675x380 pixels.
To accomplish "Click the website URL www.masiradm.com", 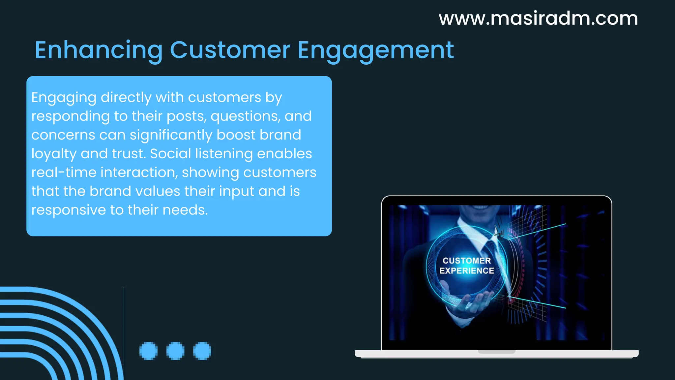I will [538, 18].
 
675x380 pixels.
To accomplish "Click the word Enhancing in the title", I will [99, 50].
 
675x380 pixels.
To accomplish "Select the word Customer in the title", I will [230, 50].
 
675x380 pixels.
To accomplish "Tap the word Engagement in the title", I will [375, 50].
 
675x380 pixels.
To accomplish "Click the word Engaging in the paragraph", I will [64, 98].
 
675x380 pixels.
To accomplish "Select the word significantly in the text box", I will [171, 135].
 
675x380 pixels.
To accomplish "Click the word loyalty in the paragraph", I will [54, 154].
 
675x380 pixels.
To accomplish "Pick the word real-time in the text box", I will [64, 173].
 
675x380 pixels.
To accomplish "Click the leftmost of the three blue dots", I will [148, 351].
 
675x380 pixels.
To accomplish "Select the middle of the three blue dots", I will [175, 351].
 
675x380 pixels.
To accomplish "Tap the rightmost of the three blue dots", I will [202, 351].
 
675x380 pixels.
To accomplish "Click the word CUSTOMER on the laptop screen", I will [467, 261].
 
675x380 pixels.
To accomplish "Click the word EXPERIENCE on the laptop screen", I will [467, 271].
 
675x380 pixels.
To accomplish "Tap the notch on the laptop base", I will [496, 352].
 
